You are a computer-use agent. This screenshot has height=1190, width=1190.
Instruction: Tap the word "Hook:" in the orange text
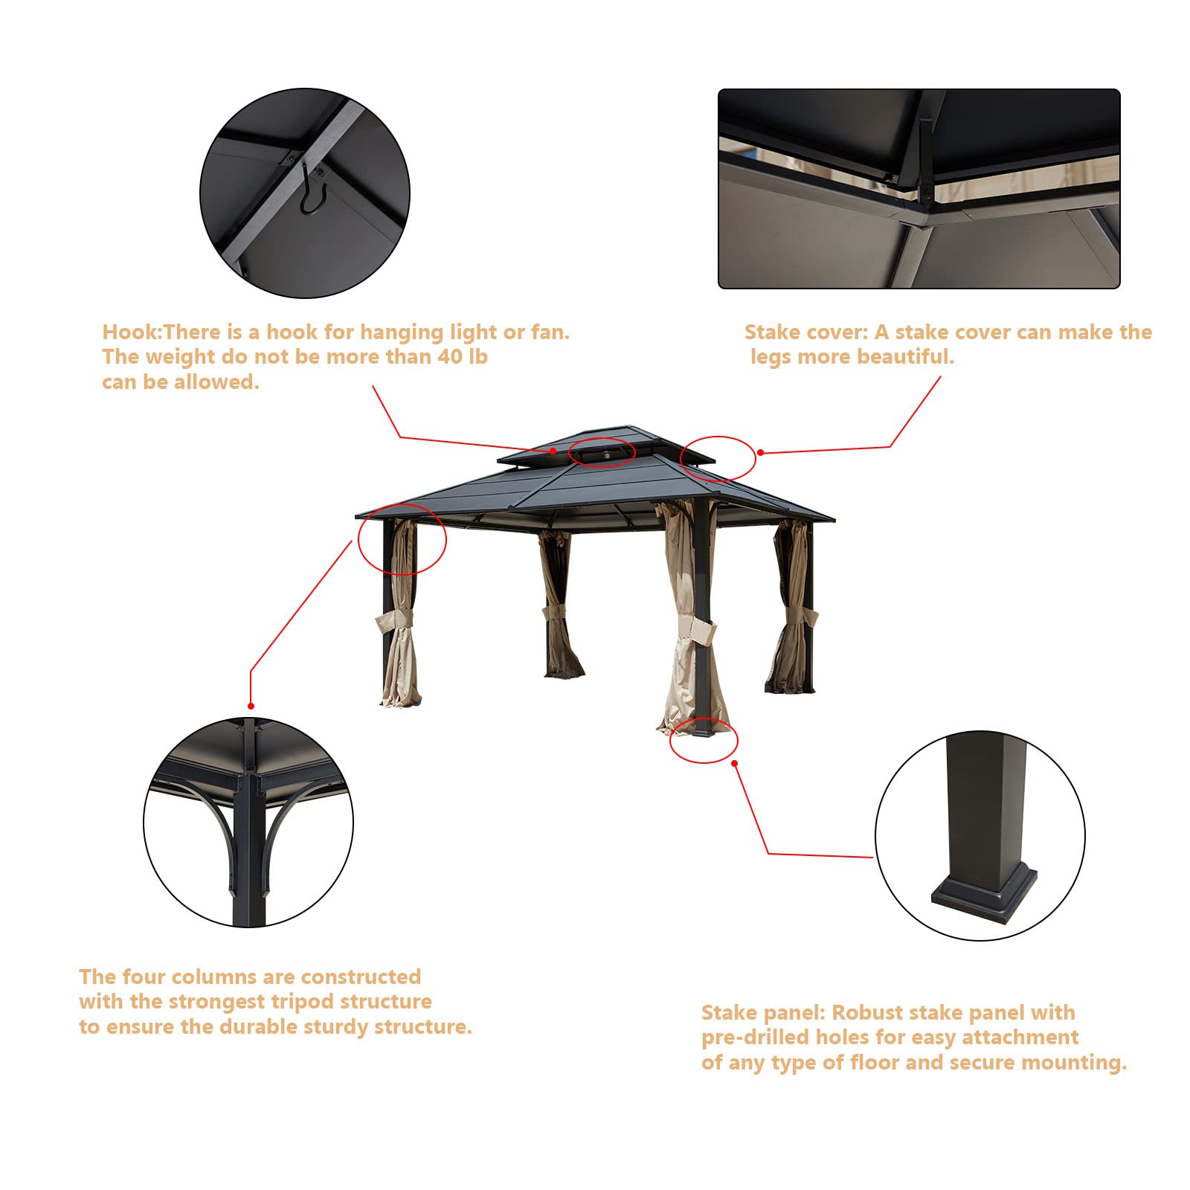click(131, 332)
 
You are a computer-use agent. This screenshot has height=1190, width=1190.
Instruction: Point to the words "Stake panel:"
click(763, 1012)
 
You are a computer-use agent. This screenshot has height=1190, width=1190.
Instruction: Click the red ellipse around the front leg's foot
click(703, 741)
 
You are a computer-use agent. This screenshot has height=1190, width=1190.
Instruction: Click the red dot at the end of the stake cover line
click(760, 451)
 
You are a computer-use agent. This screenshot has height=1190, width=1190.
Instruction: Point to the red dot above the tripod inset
click(251, 706)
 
